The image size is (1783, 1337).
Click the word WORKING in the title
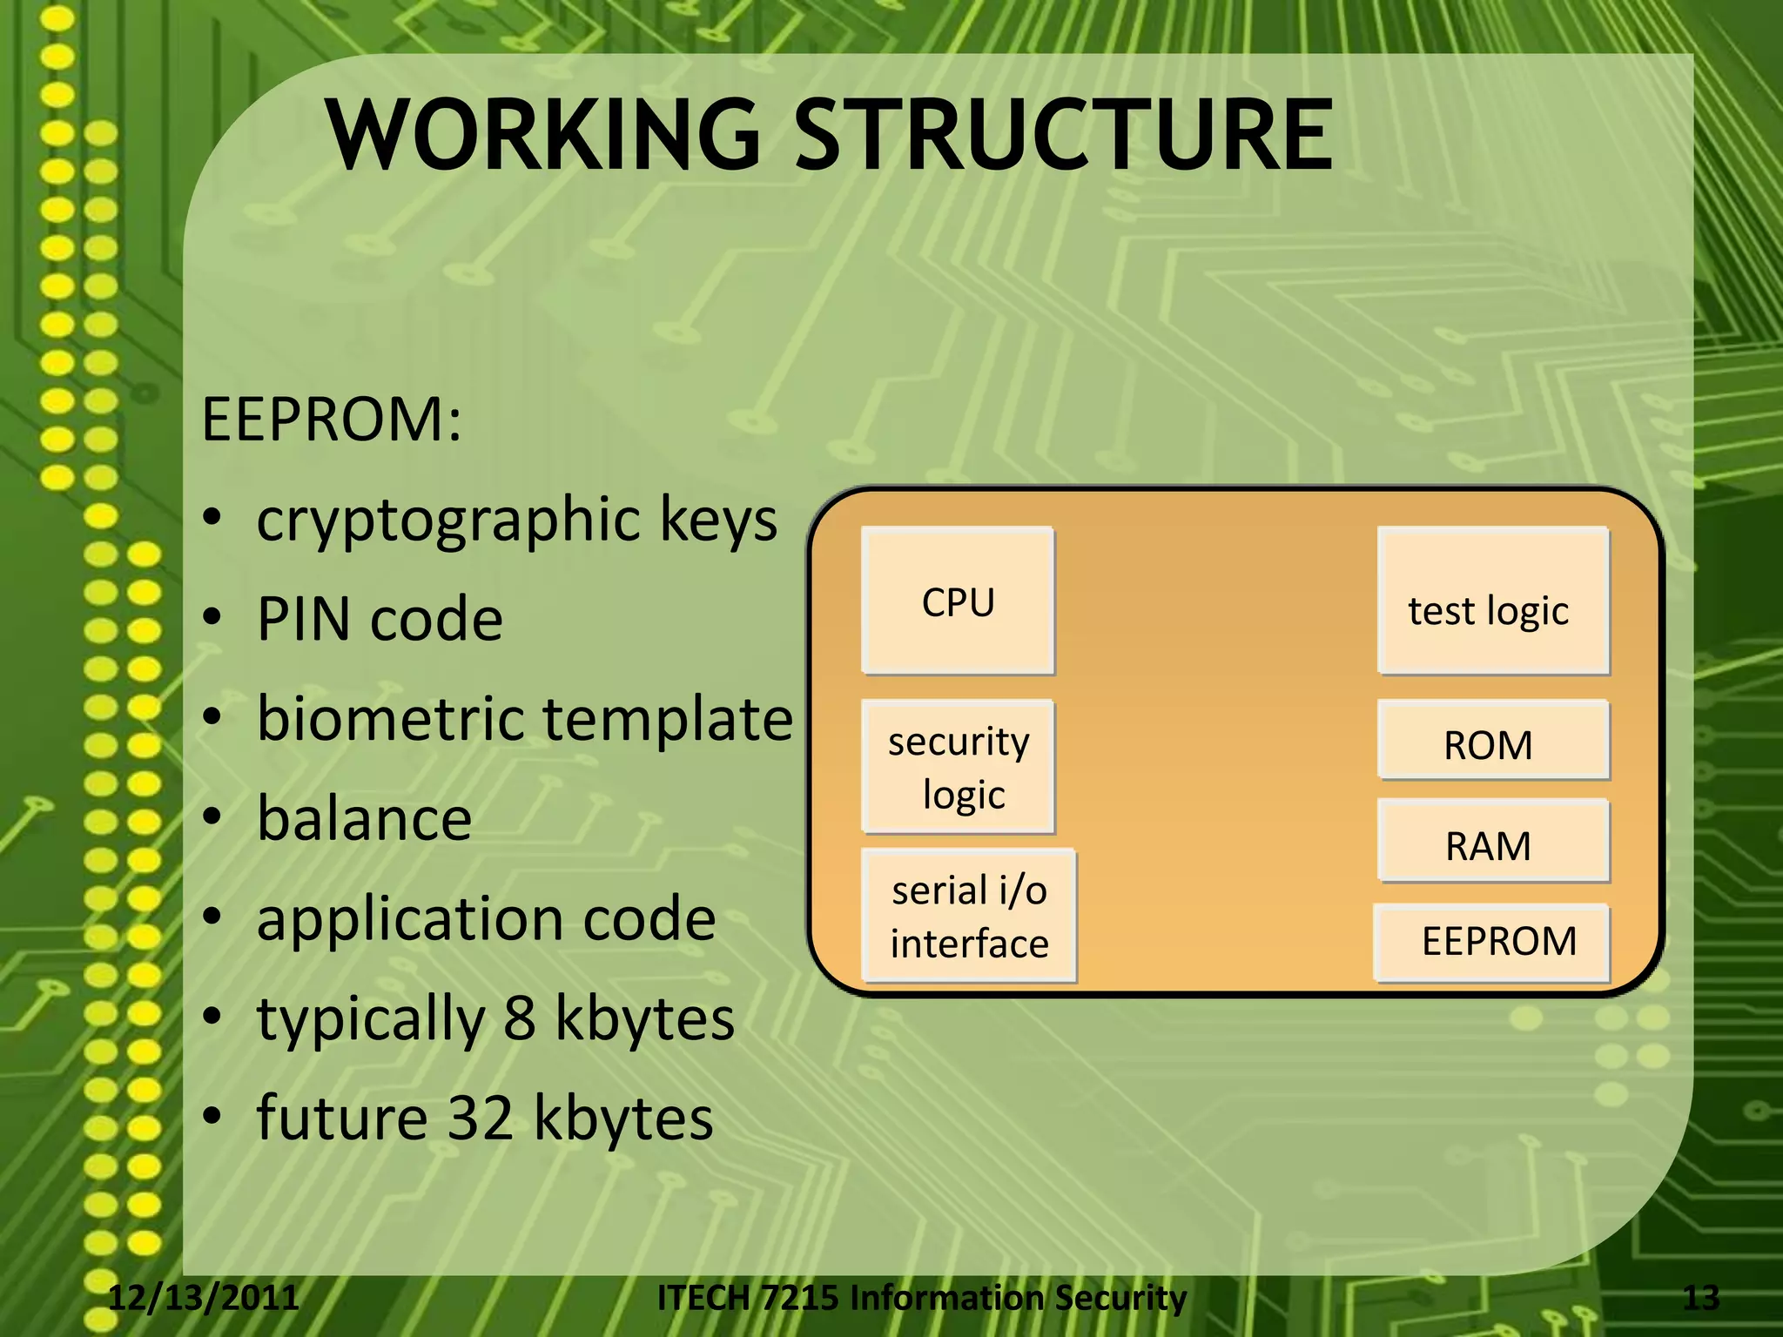[544, 135]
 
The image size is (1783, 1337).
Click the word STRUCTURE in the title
[1064, 135]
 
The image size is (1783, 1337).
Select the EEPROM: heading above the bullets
[331, 420]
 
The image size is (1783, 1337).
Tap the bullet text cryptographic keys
[516, 520]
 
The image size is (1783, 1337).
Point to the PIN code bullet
[380, 620]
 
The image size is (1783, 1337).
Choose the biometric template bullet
[525, 720]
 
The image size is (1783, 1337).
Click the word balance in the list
[364, 819]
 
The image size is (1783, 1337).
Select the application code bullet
[486, 919]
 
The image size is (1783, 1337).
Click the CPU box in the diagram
[958, 601]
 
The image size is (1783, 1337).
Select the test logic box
[1492, 601]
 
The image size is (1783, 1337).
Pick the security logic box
[958, 767]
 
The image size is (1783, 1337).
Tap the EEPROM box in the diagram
[1492, 943]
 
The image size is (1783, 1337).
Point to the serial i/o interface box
[969, 917]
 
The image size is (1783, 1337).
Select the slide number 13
[1700, 1298]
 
